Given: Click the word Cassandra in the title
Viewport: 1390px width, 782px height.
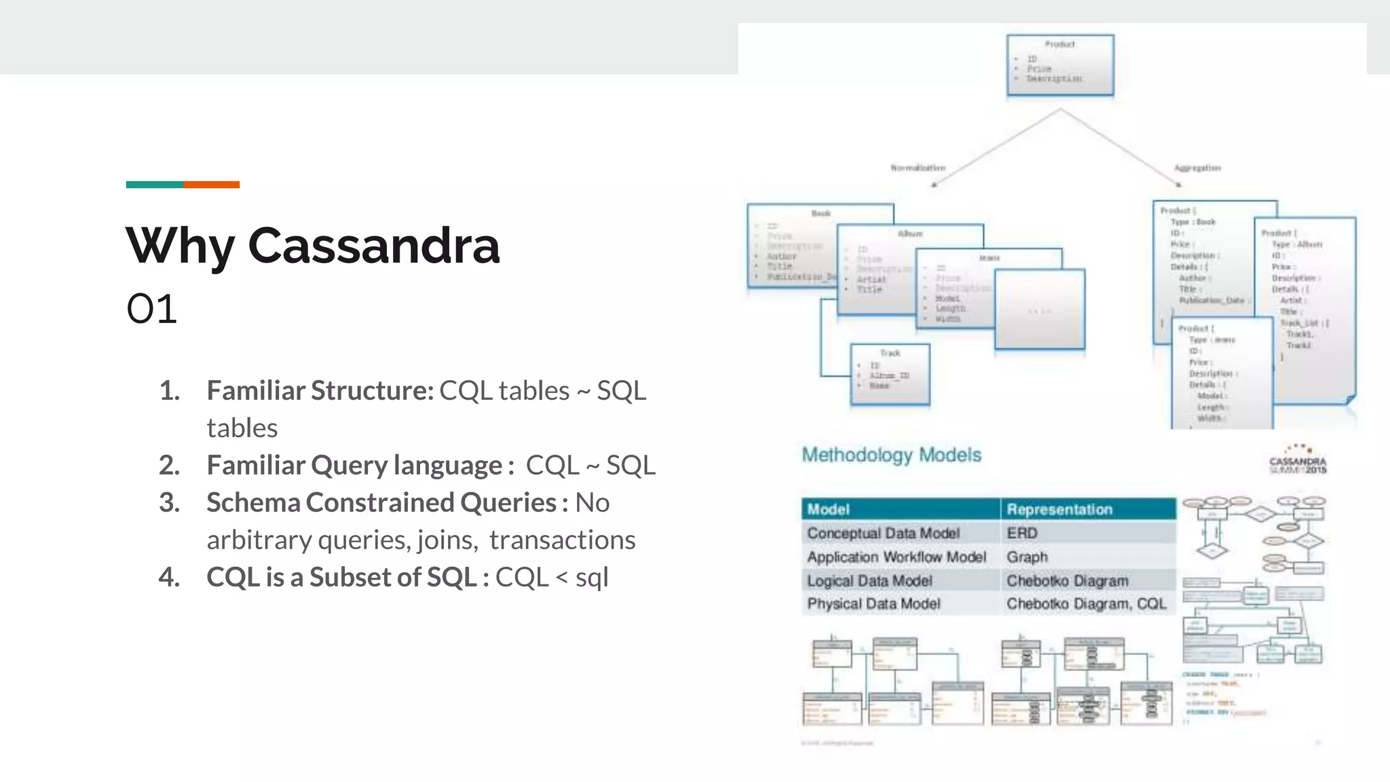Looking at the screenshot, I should pyautogui.click(x=373, y=246).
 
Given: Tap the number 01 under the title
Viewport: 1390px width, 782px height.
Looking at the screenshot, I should pyautogui.click(x=151, y=310).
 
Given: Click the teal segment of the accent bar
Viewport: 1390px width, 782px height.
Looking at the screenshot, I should pyautogui.click(x=154, y=185).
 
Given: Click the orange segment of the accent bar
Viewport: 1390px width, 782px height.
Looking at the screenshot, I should pyautogui.click(x=211, y=185).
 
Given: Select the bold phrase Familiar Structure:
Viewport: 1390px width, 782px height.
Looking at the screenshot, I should pyautogui.click(x=320, y=391).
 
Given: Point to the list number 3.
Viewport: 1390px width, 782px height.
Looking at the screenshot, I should pyautogui.click(x=169, y=503).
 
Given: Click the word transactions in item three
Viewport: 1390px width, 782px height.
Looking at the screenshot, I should pyautogui.click(x=562, y=540).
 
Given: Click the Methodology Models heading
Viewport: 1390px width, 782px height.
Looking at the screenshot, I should pyautogui.click(x=891, y=455).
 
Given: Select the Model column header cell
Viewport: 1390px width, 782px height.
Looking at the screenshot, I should pyautogui.click(x=900, y=509).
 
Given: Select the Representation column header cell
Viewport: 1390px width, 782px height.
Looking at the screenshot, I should pyautogui.click(x=1087, y=509).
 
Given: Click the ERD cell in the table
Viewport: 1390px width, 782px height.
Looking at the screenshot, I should pyautogui.click(x=1022, y=534).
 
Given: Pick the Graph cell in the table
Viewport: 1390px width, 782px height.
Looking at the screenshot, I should pyautogui.click(x=1027, y=557).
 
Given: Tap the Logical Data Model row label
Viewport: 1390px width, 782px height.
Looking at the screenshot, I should pyautogui.click(x=869, y=581).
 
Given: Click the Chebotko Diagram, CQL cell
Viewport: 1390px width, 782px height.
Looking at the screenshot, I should pyautogui.click(x=1086, y=604).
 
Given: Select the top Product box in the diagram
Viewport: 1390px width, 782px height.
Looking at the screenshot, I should pyautogui.click(x=1059, y=65).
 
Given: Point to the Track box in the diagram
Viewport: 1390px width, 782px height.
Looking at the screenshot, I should pyautogui.click(x=890, y=374).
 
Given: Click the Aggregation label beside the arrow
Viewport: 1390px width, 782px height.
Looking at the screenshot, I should pyautogui.click(x=1197, y=168).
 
